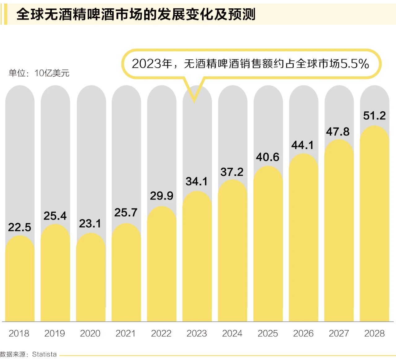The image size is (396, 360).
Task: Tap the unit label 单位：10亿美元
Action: click(39, 73)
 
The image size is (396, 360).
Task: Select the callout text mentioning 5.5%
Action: click(250, 64)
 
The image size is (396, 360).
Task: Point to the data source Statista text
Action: click(28, 354)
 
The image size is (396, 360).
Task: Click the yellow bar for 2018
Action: click(20, 278)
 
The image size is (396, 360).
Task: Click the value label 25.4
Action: click(55, 216)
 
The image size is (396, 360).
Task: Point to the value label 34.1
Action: click(197, 182)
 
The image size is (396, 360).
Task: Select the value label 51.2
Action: click(374, 116)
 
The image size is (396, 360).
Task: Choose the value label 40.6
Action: click(268, 157)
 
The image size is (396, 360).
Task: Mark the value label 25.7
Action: click(126, 212)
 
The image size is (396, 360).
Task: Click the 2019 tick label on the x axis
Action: click(55, 333)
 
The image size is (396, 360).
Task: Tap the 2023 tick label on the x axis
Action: click(197, 333)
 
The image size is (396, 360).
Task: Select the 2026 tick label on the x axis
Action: click(303, 333)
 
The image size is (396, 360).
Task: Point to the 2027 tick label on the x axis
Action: click(339, 333)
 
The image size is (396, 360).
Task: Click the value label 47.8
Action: click(338, 132)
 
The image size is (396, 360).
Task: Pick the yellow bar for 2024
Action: click(233, 251)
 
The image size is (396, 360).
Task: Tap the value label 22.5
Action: click(20, 228)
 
